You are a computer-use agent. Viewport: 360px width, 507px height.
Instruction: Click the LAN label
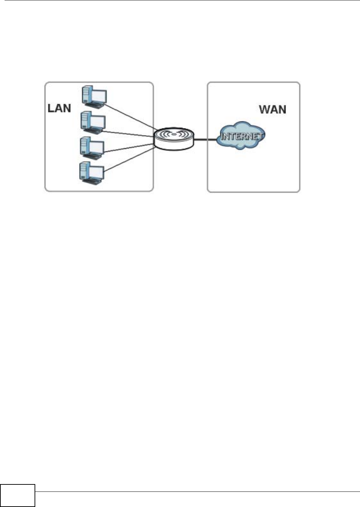click(x=59, y=108)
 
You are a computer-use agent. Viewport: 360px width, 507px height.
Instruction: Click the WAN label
click(x=273, y=109)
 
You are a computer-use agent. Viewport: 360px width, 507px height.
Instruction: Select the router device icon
click(x=173, y=140)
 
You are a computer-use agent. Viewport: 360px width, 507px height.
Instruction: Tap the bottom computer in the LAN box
click(x=91, y=172)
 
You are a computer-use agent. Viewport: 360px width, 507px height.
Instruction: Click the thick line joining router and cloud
click(x=205, y=140)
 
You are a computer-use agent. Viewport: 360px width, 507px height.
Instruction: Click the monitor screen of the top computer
click(x=99, y=96)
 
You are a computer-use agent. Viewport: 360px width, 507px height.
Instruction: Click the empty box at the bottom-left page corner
click(x=18, y=495)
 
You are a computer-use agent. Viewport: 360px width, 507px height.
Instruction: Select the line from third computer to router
click(x=129, y=147)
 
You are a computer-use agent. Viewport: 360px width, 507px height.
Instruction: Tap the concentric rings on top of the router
click(x=173, y=134)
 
